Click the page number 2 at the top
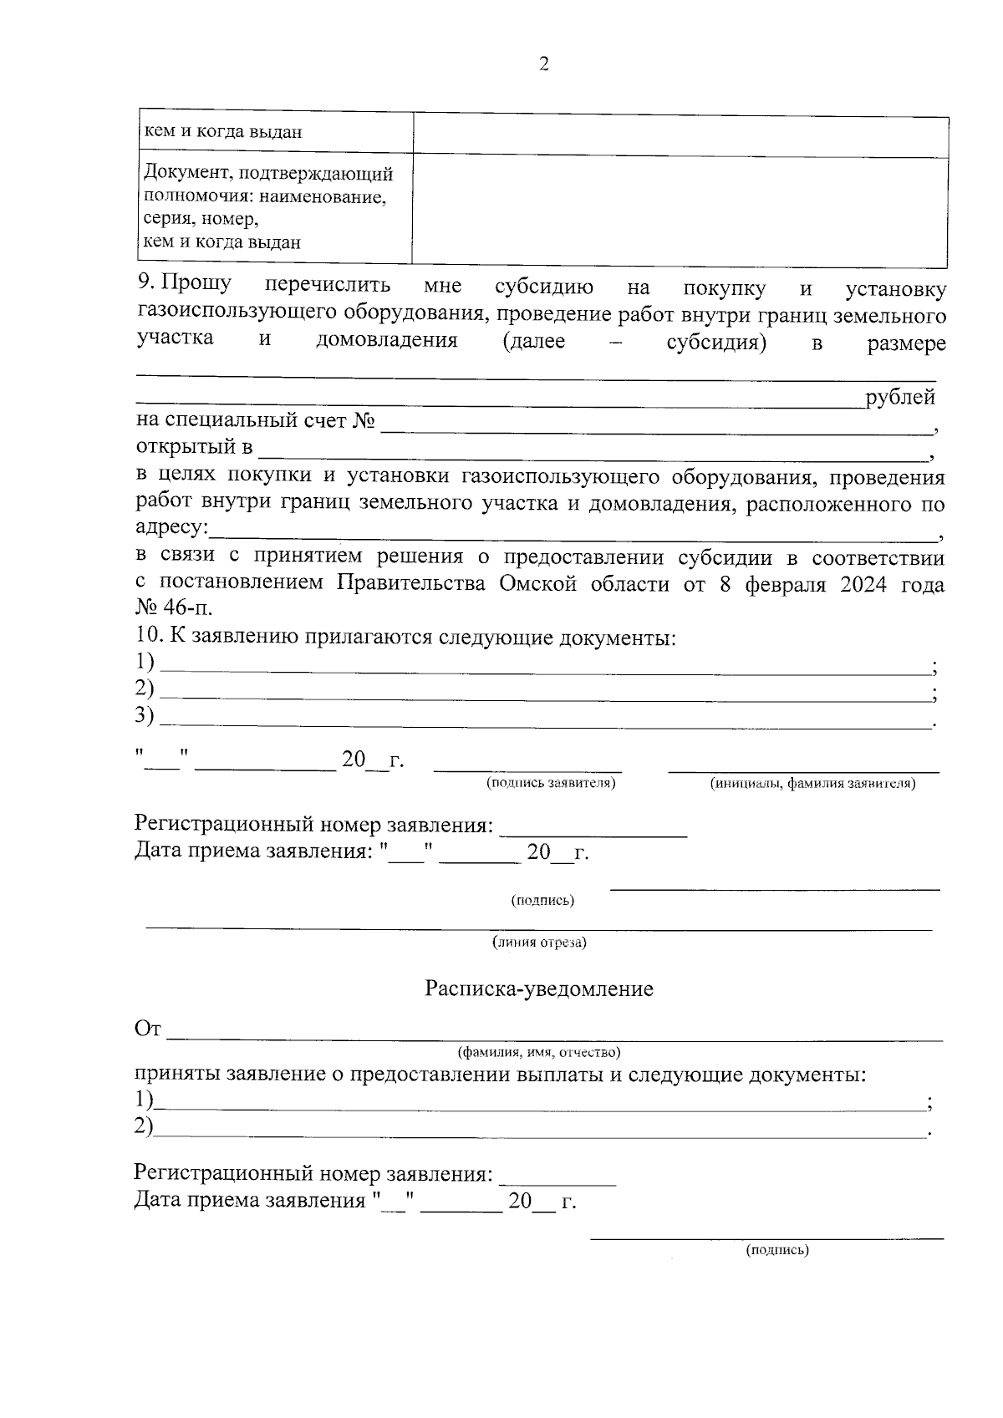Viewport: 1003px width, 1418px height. click(x=544, y=64)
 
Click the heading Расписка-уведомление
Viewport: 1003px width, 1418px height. click(x=538, y=989)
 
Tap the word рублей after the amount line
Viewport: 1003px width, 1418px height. click(x=900, y=398)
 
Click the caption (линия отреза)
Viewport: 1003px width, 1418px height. click(x=539, y=943)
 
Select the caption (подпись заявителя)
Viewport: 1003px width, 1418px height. click(x=551, y=783)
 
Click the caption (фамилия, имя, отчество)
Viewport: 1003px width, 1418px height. click(x=538, y=1051)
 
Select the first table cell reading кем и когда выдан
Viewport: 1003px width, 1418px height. click(x=224, y=132)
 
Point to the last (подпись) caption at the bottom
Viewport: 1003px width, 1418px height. click(x=777, y=1250)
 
